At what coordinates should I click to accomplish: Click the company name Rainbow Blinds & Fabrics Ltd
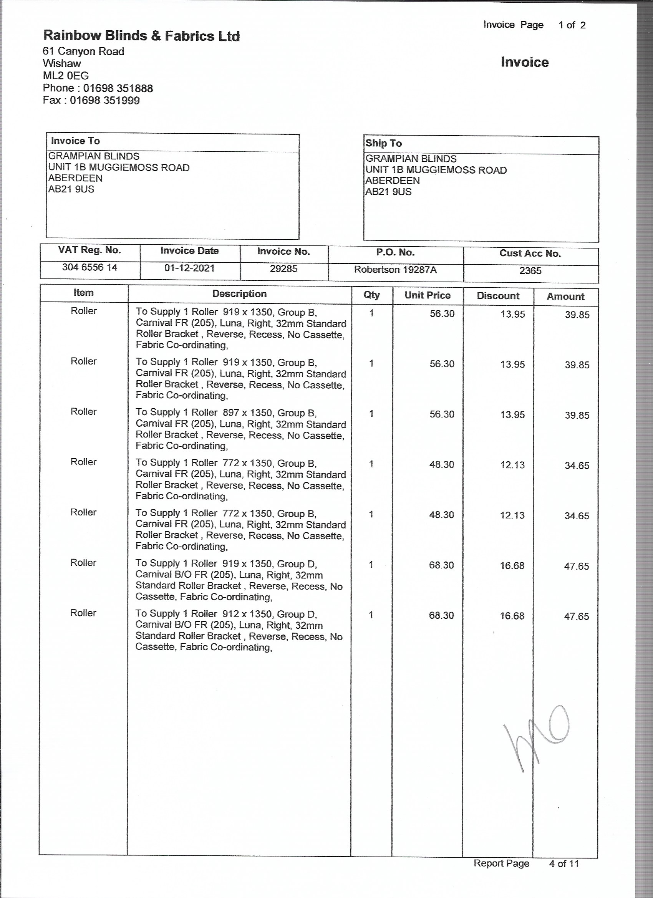click(x=141, y=36)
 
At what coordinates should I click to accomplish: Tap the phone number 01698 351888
click(x=118, y=88)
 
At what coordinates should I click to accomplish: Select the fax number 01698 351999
click(x=104, y=100)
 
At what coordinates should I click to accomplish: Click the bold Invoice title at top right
click(x=524, y=62)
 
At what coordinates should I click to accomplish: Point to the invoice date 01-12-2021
click(x=189, y=268)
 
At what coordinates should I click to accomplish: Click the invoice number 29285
click(x=283, y=269)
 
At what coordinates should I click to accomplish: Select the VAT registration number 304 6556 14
click(x=89, y=267)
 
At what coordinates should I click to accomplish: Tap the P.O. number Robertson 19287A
click(x=395, y=270)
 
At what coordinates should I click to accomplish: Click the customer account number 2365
click(x=530, y=271)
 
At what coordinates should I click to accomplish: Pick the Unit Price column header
click(x=427, y=295)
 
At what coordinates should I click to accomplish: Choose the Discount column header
click(x=498, y=296)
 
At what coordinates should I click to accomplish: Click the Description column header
click(x=239, y=294)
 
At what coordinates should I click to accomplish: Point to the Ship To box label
click(x=383, y=143)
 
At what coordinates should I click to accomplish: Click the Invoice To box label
click(x=75, y=141)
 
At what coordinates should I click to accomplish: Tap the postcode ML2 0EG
click(x=66, y=76)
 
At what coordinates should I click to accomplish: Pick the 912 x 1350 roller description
click(x=239, y=630)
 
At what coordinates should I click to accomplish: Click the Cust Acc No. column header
click(x=530, y=253)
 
